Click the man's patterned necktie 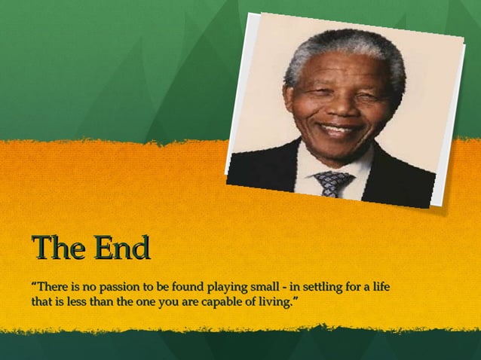coord(332,182)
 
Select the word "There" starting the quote coord(51,287)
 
